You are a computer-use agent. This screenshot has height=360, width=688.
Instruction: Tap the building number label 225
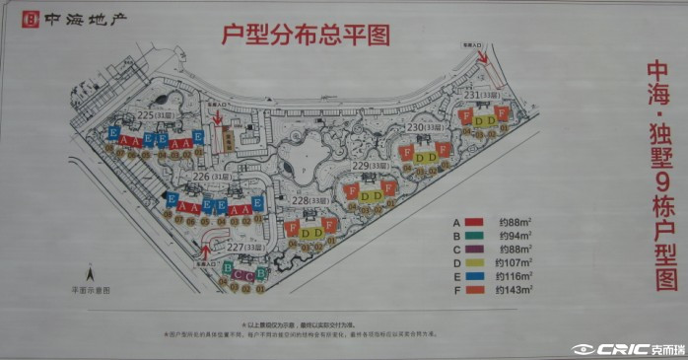pyautogui.click(x=146, y=116)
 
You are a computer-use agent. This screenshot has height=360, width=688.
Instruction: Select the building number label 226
pyautogui.click(x=201, y=177)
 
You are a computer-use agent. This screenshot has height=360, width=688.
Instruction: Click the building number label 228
pyautogui.click(x=302, y=199)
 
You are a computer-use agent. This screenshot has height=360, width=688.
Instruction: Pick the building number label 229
pyautogui.click(x=361, y=166)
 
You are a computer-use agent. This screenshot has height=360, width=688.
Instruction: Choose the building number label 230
pyautogui.click(x=415, y=127)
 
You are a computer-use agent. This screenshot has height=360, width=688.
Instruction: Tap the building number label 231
pyautogui.click(x=472, y=94)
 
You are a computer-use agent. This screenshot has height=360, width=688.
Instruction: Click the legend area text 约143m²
pyautogui.click(x=514, y=291)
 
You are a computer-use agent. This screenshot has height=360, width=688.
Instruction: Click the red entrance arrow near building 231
pyautogui.click(x=484, y=57)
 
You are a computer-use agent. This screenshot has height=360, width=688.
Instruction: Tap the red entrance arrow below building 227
pyautogui.click(x=205, y=252)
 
